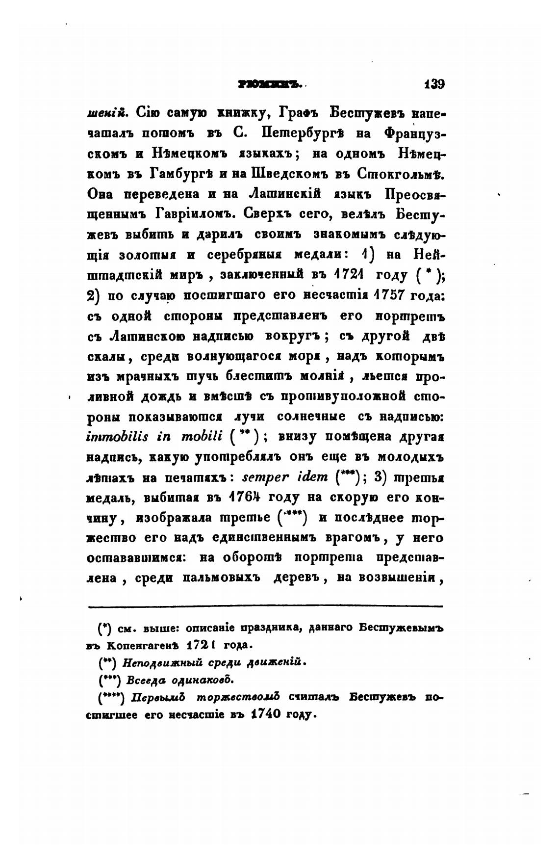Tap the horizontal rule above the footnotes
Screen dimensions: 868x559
[265, 606]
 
